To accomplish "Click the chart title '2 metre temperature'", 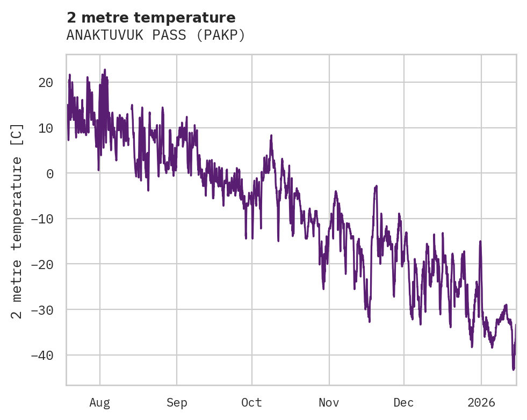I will pos(151,18).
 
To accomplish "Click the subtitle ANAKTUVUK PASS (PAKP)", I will pos(156,35).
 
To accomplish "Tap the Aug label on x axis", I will pos(100,402).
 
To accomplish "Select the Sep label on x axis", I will pos(177,402).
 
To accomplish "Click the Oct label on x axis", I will pos(251,402).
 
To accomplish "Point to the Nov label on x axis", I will pos(329,402).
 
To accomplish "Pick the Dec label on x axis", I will pos(403,402).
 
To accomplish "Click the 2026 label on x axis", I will pos(481,402).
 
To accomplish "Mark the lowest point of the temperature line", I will pos(514,370).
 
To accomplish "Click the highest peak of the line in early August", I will pos(105,69).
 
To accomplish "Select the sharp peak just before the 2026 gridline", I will pos(480,242).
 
